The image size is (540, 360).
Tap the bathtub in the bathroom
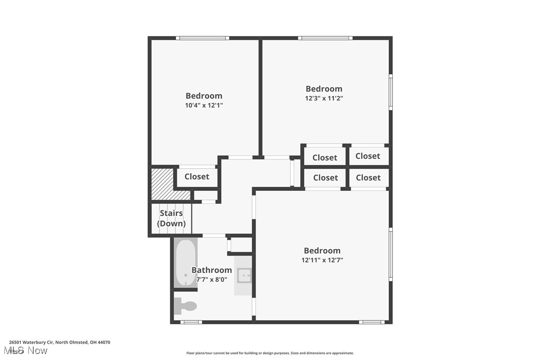pos(185,263)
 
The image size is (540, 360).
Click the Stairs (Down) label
pos(172,218)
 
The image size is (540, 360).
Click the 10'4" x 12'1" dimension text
pos(204,105)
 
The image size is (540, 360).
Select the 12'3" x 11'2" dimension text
pos(324,98)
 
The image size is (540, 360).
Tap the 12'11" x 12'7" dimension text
pos(322,260)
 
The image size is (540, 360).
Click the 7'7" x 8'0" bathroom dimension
pos(212,279)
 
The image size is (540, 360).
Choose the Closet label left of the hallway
pos(197,177)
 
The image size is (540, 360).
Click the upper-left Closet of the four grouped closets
pos(325,158)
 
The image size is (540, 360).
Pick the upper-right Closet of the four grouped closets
pos(368,156)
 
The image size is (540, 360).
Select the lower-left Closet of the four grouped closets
pos(326,178)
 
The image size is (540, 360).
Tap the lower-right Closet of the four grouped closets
pos(368,178)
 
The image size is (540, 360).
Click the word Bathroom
pos(212,270)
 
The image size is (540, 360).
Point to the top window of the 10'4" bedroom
pos(202,38)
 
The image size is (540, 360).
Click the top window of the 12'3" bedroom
pos(325,38)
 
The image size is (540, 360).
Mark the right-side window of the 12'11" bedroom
pos(391,254)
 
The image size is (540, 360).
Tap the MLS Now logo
pos(28,351)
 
